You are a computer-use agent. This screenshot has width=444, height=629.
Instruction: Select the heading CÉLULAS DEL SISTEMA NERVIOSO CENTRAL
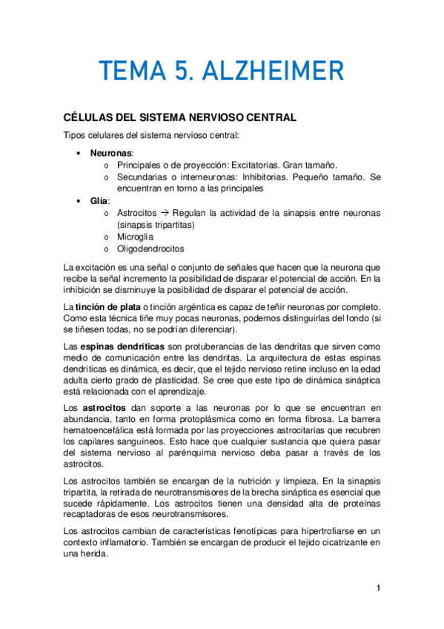coord(181,117)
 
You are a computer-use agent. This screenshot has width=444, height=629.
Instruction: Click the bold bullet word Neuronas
coord(112,152)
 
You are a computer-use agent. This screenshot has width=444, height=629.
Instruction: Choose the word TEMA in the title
coord(124,72)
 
